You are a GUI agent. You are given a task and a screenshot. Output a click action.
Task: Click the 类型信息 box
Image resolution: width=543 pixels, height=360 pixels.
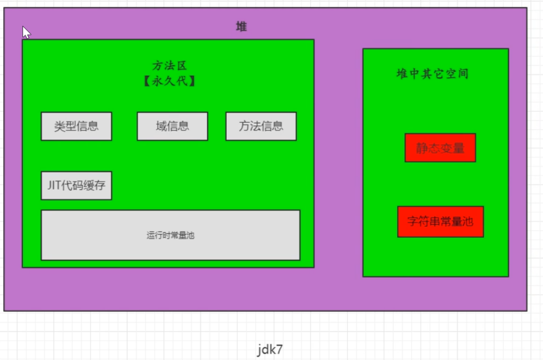76,126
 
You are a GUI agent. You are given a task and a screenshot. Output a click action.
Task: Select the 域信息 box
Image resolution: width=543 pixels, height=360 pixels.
172,126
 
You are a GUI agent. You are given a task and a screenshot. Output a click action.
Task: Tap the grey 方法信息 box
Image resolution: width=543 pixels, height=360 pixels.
261,126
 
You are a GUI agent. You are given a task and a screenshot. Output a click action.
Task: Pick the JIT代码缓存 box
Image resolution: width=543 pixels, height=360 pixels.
76,186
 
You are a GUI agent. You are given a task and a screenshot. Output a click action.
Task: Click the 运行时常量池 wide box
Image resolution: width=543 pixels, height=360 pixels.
170,235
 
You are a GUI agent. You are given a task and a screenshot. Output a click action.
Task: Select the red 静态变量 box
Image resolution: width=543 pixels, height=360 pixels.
440,148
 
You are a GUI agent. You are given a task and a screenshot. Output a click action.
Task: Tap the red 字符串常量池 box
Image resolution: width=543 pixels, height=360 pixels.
440,221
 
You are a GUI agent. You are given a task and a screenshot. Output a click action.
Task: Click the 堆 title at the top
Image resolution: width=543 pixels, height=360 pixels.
241,27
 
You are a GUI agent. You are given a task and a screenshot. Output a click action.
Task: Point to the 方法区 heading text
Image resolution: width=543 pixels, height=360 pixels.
169,66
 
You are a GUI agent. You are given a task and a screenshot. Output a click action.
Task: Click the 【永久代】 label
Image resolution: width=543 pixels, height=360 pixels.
169,82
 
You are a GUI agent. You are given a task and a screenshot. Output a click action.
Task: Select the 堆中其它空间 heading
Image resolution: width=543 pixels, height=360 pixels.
433,74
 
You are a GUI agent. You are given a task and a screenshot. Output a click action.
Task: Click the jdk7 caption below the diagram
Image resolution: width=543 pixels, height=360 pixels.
270,349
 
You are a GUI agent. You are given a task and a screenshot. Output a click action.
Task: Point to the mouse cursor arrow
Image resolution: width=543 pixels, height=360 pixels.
25,31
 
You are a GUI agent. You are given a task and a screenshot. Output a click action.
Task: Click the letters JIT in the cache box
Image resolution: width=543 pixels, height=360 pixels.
54,186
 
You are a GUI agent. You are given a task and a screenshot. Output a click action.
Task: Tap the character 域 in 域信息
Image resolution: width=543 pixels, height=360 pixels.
161,126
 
